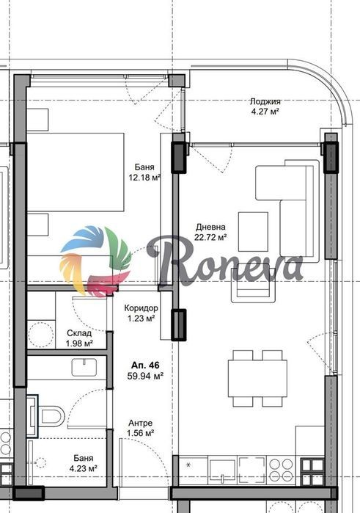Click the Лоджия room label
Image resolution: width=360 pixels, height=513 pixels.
tap(265, 102)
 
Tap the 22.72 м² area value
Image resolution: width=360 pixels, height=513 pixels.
tap(210, 238)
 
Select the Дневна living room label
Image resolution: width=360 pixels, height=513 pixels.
tap(210, 227)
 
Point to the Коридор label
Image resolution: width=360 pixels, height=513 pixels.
tap(142, 308)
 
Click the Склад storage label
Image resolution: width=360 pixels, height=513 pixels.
tap(79, 333)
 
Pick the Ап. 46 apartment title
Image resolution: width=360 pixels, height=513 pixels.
tap(145, 365)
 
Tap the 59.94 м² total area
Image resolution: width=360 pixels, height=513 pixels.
tap(145, 376)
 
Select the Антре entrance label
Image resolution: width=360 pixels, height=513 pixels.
tap(140, 423)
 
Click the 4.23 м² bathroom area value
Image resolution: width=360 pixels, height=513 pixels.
tap(84, 468)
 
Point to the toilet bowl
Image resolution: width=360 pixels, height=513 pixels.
tap(52, 416)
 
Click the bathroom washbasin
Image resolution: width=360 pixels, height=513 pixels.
tap(84, 368)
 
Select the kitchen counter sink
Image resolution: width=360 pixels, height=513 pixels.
tap(222, 470)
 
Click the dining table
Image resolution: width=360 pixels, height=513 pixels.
tap(257, 378)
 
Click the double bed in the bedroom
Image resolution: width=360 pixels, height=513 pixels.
tap(76, 172)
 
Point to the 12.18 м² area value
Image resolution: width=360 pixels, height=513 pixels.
tap(144, 178)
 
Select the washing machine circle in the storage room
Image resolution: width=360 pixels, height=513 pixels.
tap(40, 334)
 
